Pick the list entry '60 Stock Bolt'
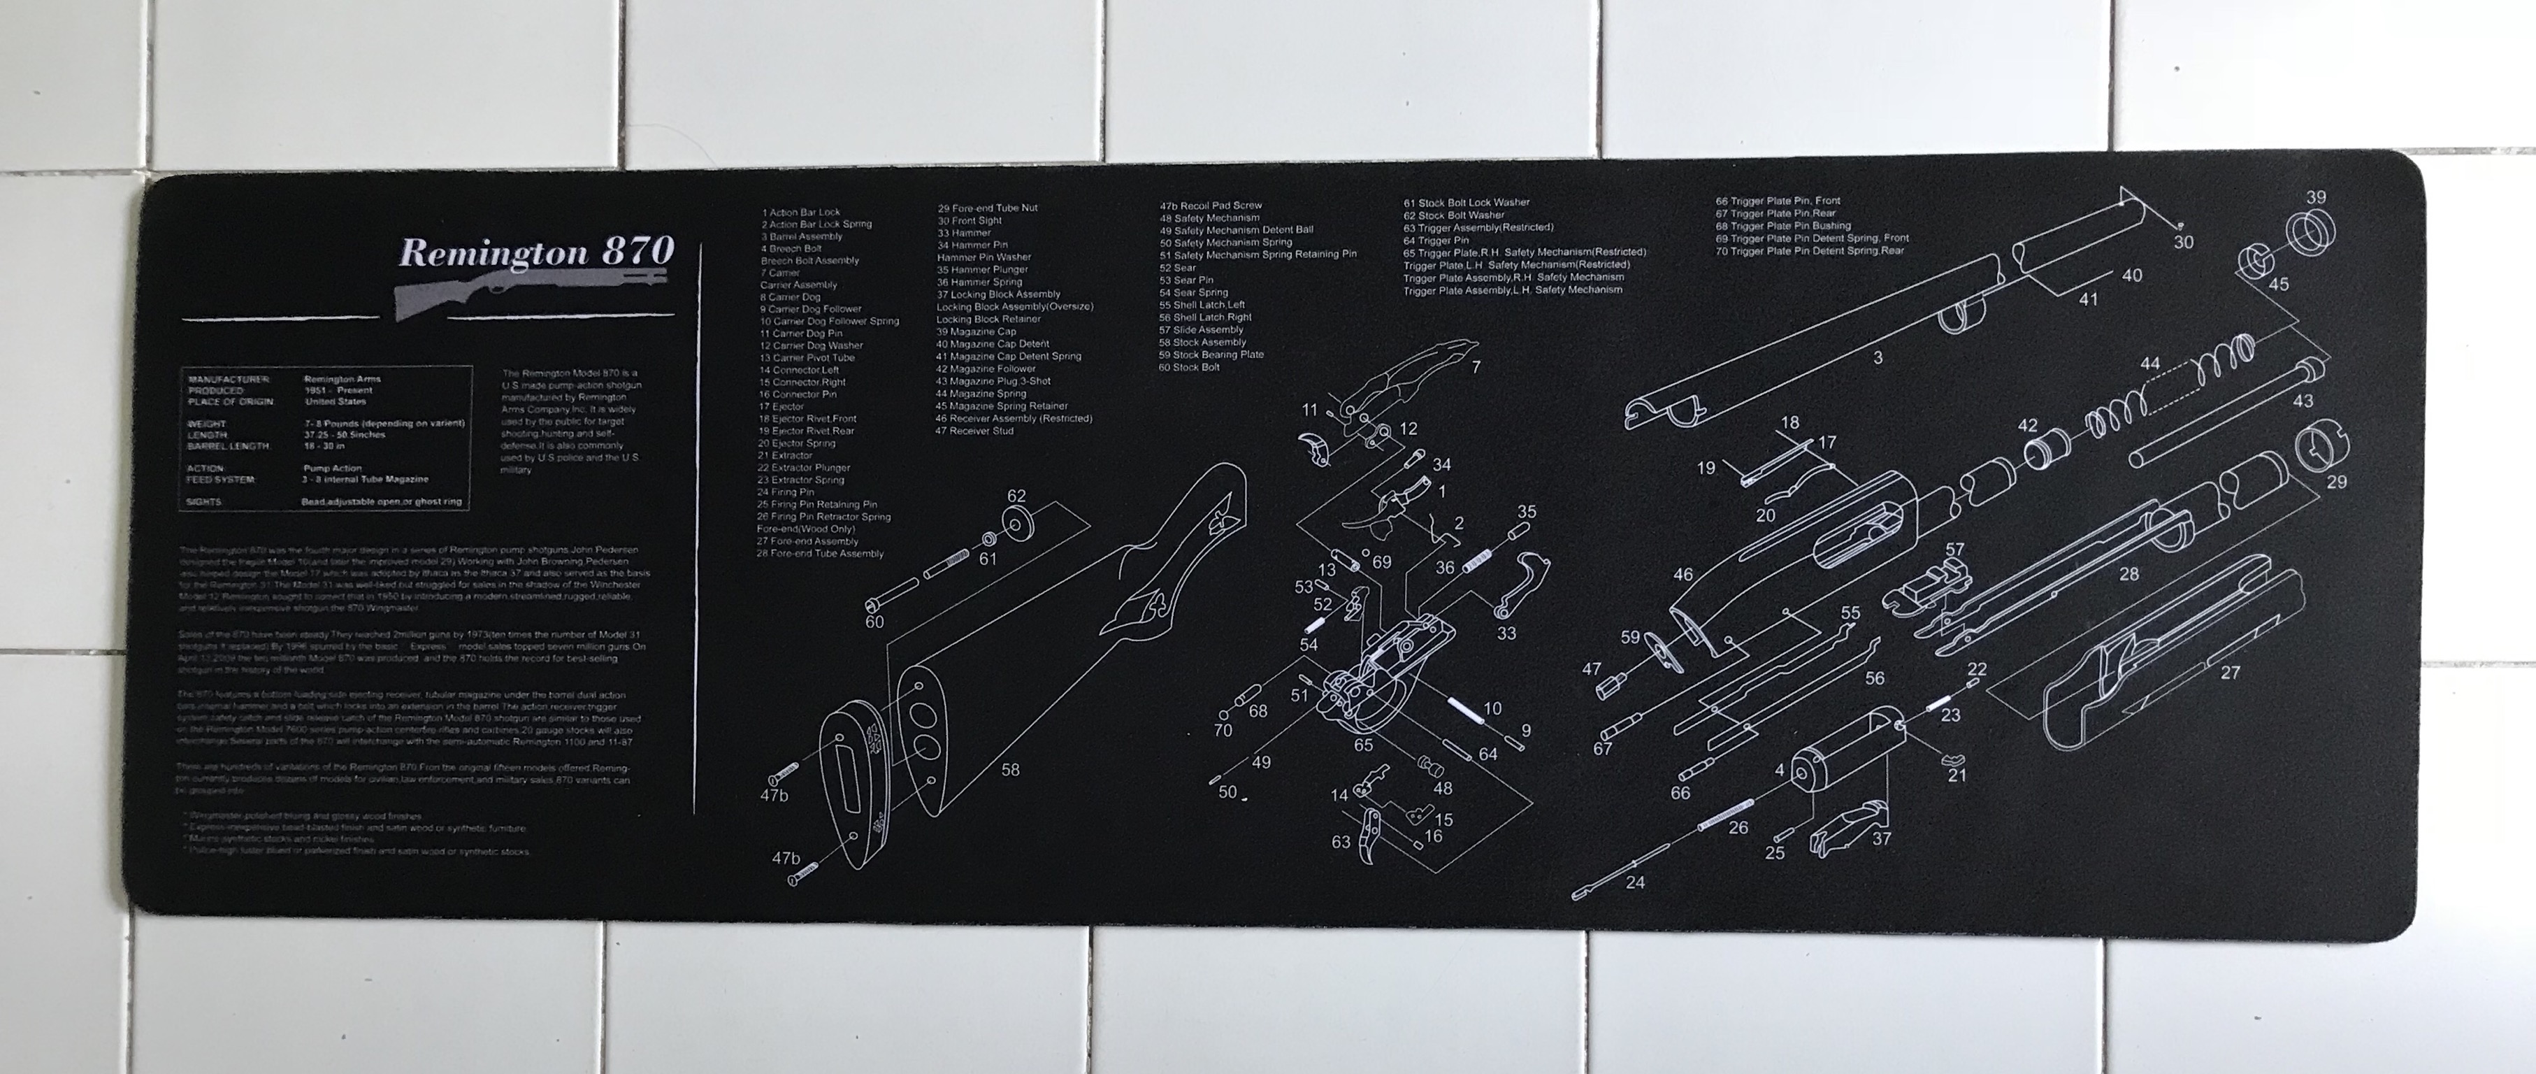coord(1189,367)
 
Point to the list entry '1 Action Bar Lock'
coord(800,212)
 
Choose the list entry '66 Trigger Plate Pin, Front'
coord(1778,201)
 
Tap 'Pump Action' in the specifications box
coord(333,468)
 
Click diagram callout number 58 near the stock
coord(1010,770)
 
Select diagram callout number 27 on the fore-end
coord(2230,673)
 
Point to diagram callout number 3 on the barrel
coord(1878,358)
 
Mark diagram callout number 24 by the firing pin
coord(1635,882)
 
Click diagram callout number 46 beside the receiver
coord(1683,574)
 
